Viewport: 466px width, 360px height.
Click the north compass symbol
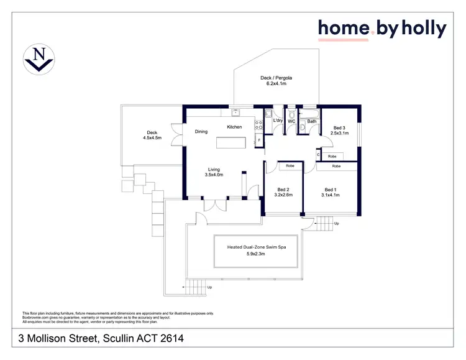point(39,60)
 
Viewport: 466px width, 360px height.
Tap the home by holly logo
point(382,29)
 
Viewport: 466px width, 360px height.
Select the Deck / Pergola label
point(276,78)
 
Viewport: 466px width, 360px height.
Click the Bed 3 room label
point(339,127)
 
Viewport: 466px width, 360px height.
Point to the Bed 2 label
point(283,189)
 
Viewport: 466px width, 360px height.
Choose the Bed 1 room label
point(331,189)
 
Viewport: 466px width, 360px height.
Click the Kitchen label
point(234,127)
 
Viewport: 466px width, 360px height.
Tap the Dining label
point(201,131)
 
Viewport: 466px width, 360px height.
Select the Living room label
point(214,168)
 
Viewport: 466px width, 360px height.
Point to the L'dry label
point(278,121)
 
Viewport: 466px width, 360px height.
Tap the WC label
point(291,121)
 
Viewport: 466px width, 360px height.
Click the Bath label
point(312,121)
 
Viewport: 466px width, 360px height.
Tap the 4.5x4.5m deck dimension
point(152,138)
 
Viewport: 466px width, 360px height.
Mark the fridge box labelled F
point(260,141)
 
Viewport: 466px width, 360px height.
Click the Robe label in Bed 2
point(290,166)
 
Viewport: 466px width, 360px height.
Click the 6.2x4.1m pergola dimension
point(276,83)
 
